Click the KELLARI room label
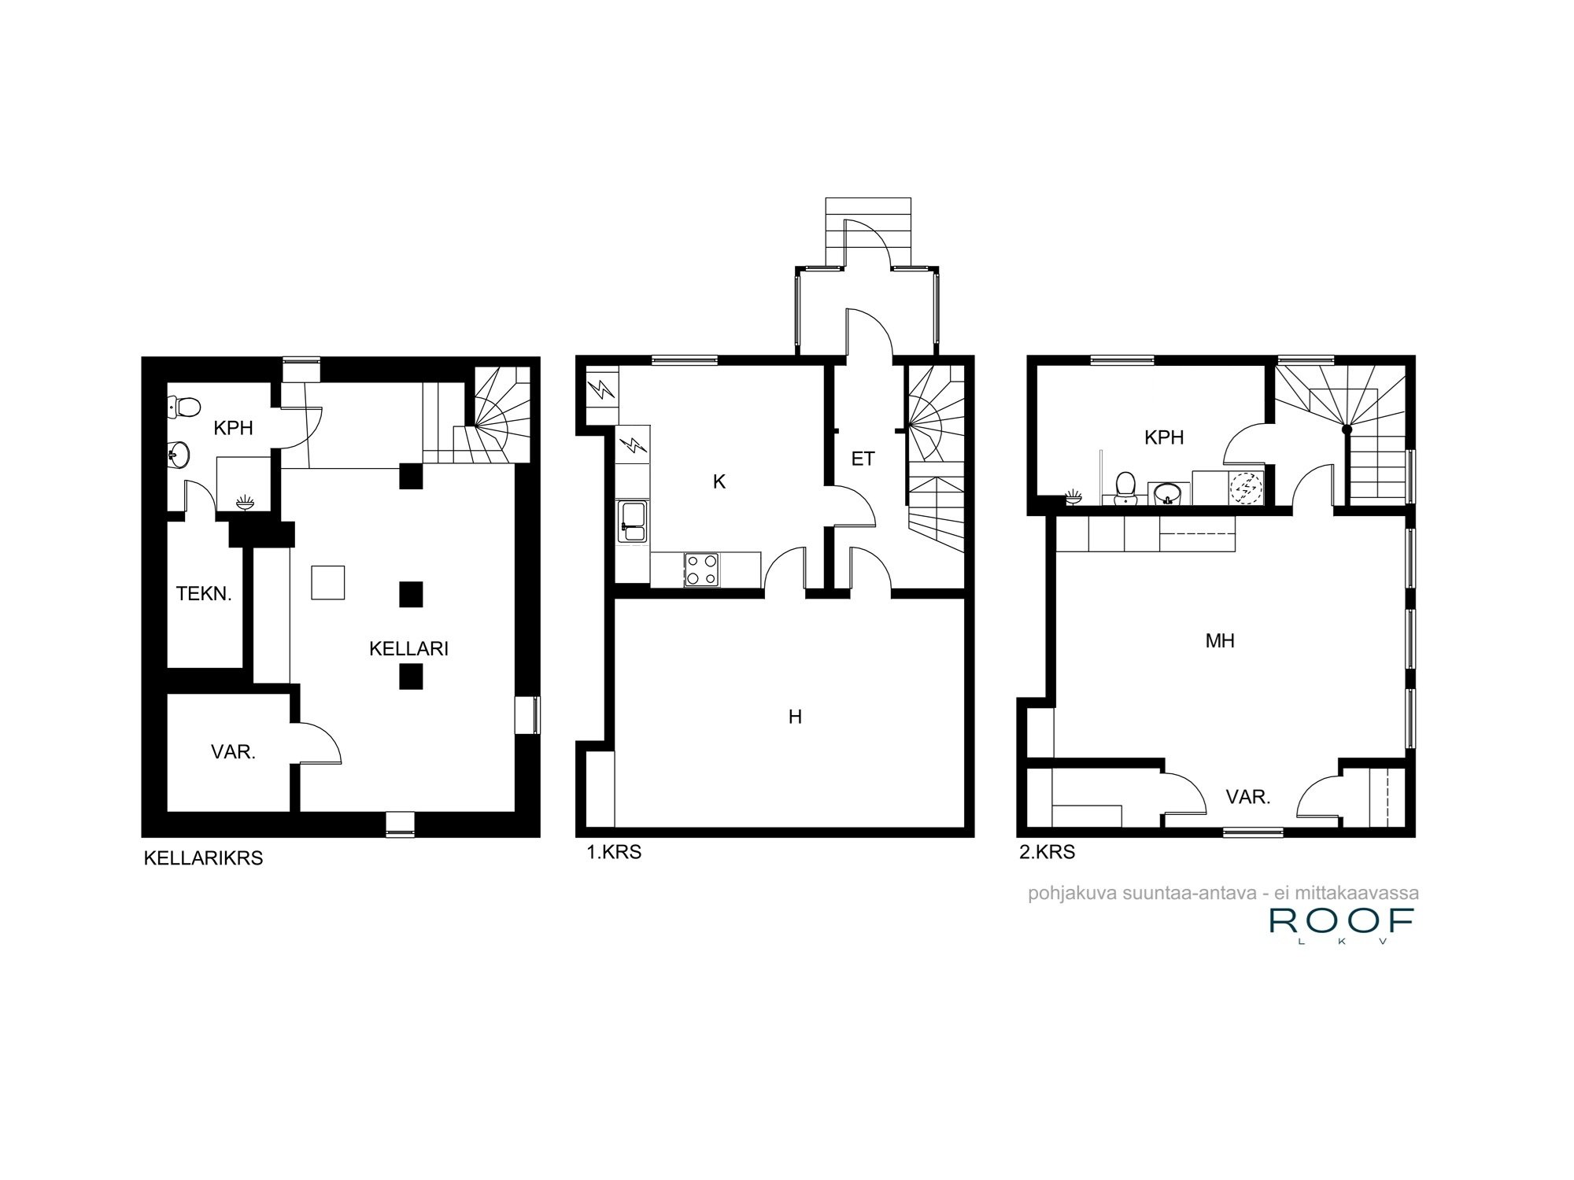click(x=408, y=648)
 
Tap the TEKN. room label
click(x=204, y=593)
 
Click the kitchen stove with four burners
click(x=702, y=570)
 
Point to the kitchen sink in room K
click(x=633, y=522)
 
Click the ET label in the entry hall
click(x=863, y=459)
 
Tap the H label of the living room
click(x=795, y=717)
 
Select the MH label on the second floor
click(x=1220, y=641)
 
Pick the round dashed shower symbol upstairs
click(x=1246, y=488)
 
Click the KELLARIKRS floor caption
click(x=203, y=858)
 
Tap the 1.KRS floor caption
click(x=614, y=852)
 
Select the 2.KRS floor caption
click(x=1047, y=852)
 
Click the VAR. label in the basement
click(x=233, y=752)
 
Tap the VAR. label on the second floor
click(x=1248, y=798)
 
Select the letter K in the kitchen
click(x=719, y=482)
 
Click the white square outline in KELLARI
click(x=328, y=582)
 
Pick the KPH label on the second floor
click(x=1164, y=437)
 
